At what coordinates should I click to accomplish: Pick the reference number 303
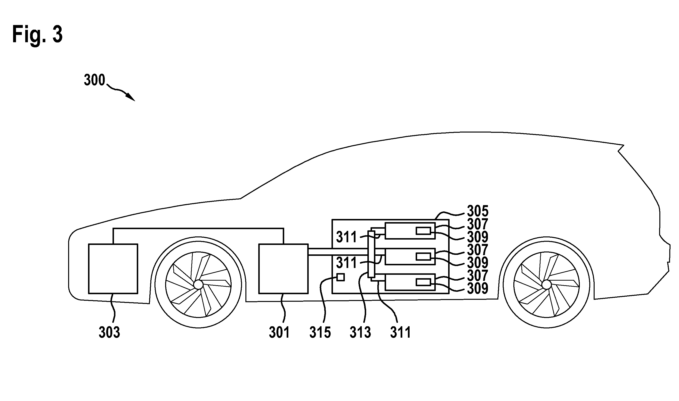109,332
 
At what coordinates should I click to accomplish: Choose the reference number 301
279,332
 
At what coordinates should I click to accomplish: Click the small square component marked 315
340,277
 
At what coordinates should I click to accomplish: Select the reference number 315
320,332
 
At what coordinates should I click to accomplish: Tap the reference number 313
361,332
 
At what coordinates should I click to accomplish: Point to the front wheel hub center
198,284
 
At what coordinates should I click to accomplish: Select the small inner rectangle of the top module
423,231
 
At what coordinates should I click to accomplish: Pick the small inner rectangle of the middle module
423,257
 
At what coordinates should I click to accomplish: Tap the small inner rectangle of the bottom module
423,282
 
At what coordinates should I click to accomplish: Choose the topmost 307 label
478,224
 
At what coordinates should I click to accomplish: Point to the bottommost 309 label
478,288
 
